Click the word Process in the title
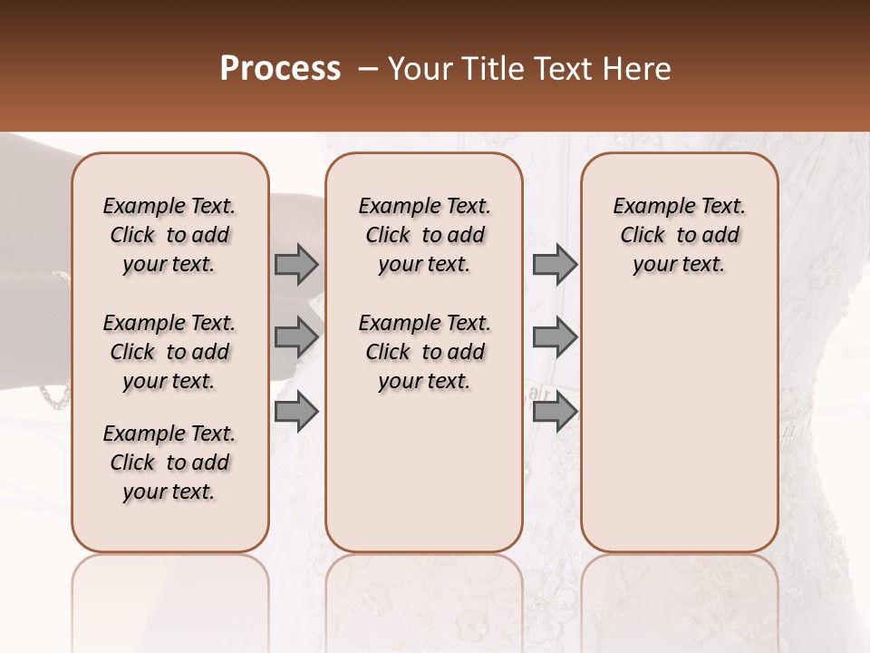pos(280,69)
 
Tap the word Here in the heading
pos(638,69)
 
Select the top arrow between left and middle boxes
pos(296,264)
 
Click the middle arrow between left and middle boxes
pos(296,337)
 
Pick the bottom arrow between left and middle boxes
pos(296,412)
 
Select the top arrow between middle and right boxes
pos(555,264)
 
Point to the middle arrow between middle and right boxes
pos(555,337)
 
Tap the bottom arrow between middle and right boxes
pos(555,412)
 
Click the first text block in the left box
pos(169,235)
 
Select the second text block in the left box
pos(169,352)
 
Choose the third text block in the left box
pos(169,463)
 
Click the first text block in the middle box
pos(425,235)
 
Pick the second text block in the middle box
pos(425,352)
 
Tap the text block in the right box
pos(680,235)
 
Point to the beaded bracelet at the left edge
pos(54,395)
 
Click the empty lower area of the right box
pos(680,426)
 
